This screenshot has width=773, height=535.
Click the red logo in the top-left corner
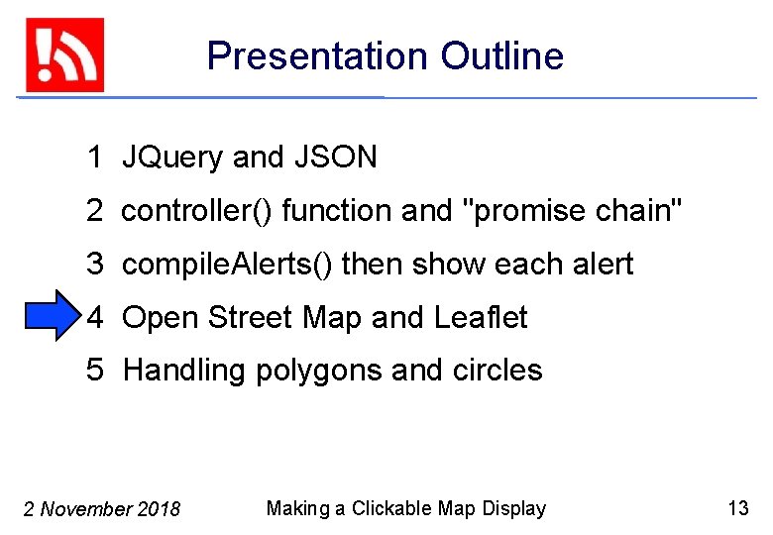coord(64,55)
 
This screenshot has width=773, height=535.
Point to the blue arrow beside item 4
coord(55,317)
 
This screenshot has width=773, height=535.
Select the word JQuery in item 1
coord(172,158)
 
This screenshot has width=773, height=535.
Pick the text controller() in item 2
coord(197,211)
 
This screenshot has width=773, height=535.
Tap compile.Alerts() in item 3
coord(227,265)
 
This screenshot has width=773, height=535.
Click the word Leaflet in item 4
coord(481,318)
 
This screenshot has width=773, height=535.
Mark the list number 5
coord(95,371)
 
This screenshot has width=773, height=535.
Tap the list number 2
coord(95,211)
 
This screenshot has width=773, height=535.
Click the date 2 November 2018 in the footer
coord(101,509)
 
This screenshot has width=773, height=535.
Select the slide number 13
coord(737,508)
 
